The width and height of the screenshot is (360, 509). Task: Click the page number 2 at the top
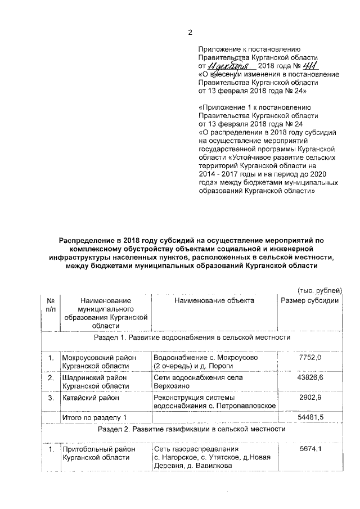click(190, 31)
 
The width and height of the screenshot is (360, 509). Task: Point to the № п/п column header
click(51, 305)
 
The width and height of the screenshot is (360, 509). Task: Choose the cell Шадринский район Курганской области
click(91, 382)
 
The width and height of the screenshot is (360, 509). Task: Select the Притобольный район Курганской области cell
click(93, 455)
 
